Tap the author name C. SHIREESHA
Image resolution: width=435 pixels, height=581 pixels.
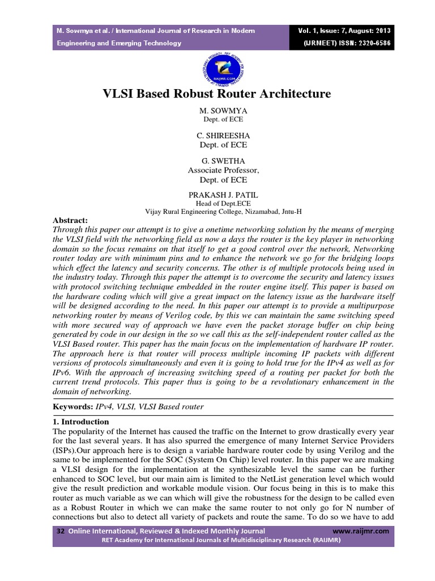pyautogui.click(x=217, y=136)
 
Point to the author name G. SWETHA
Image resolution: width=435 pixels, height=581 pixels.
pyautogui.click(x=217, y=161)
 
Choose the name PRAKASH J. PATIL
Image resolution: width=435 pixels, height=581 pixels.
pyautogui.click(x=217, y=195)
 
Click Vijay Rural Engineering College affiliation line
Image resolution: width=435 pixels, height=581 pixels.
pyautogui.click(x=223, y=212)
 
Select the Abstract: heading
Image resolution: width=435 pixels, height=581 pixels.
pyautogui.click(x=71, y=220)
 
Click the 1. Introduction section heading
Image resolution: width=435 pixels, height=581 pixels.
pyautogui.click(x=80, y=422)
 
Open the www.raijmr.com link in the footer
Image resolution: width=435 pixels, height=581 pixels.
pyautogui.click(x=361, y=531)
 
